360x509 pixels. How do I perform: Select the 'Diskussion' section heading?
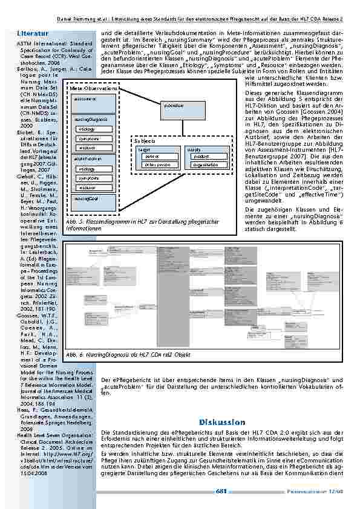[222, 421]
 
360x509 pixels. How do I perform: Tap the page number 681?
[221, 491]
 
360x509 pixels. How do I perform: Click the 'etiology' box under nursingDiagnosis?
[87, 129]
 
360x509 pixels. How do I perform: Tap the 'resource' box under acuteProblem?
[87, 187]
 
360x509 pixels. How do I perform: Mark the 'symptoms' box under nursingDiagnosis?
[88, 138]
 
